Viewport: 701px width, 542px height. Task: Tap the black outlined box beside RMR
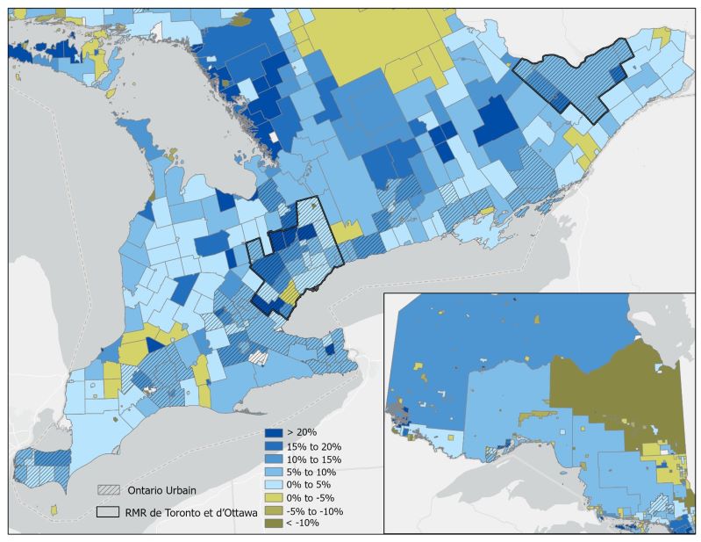110,511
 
